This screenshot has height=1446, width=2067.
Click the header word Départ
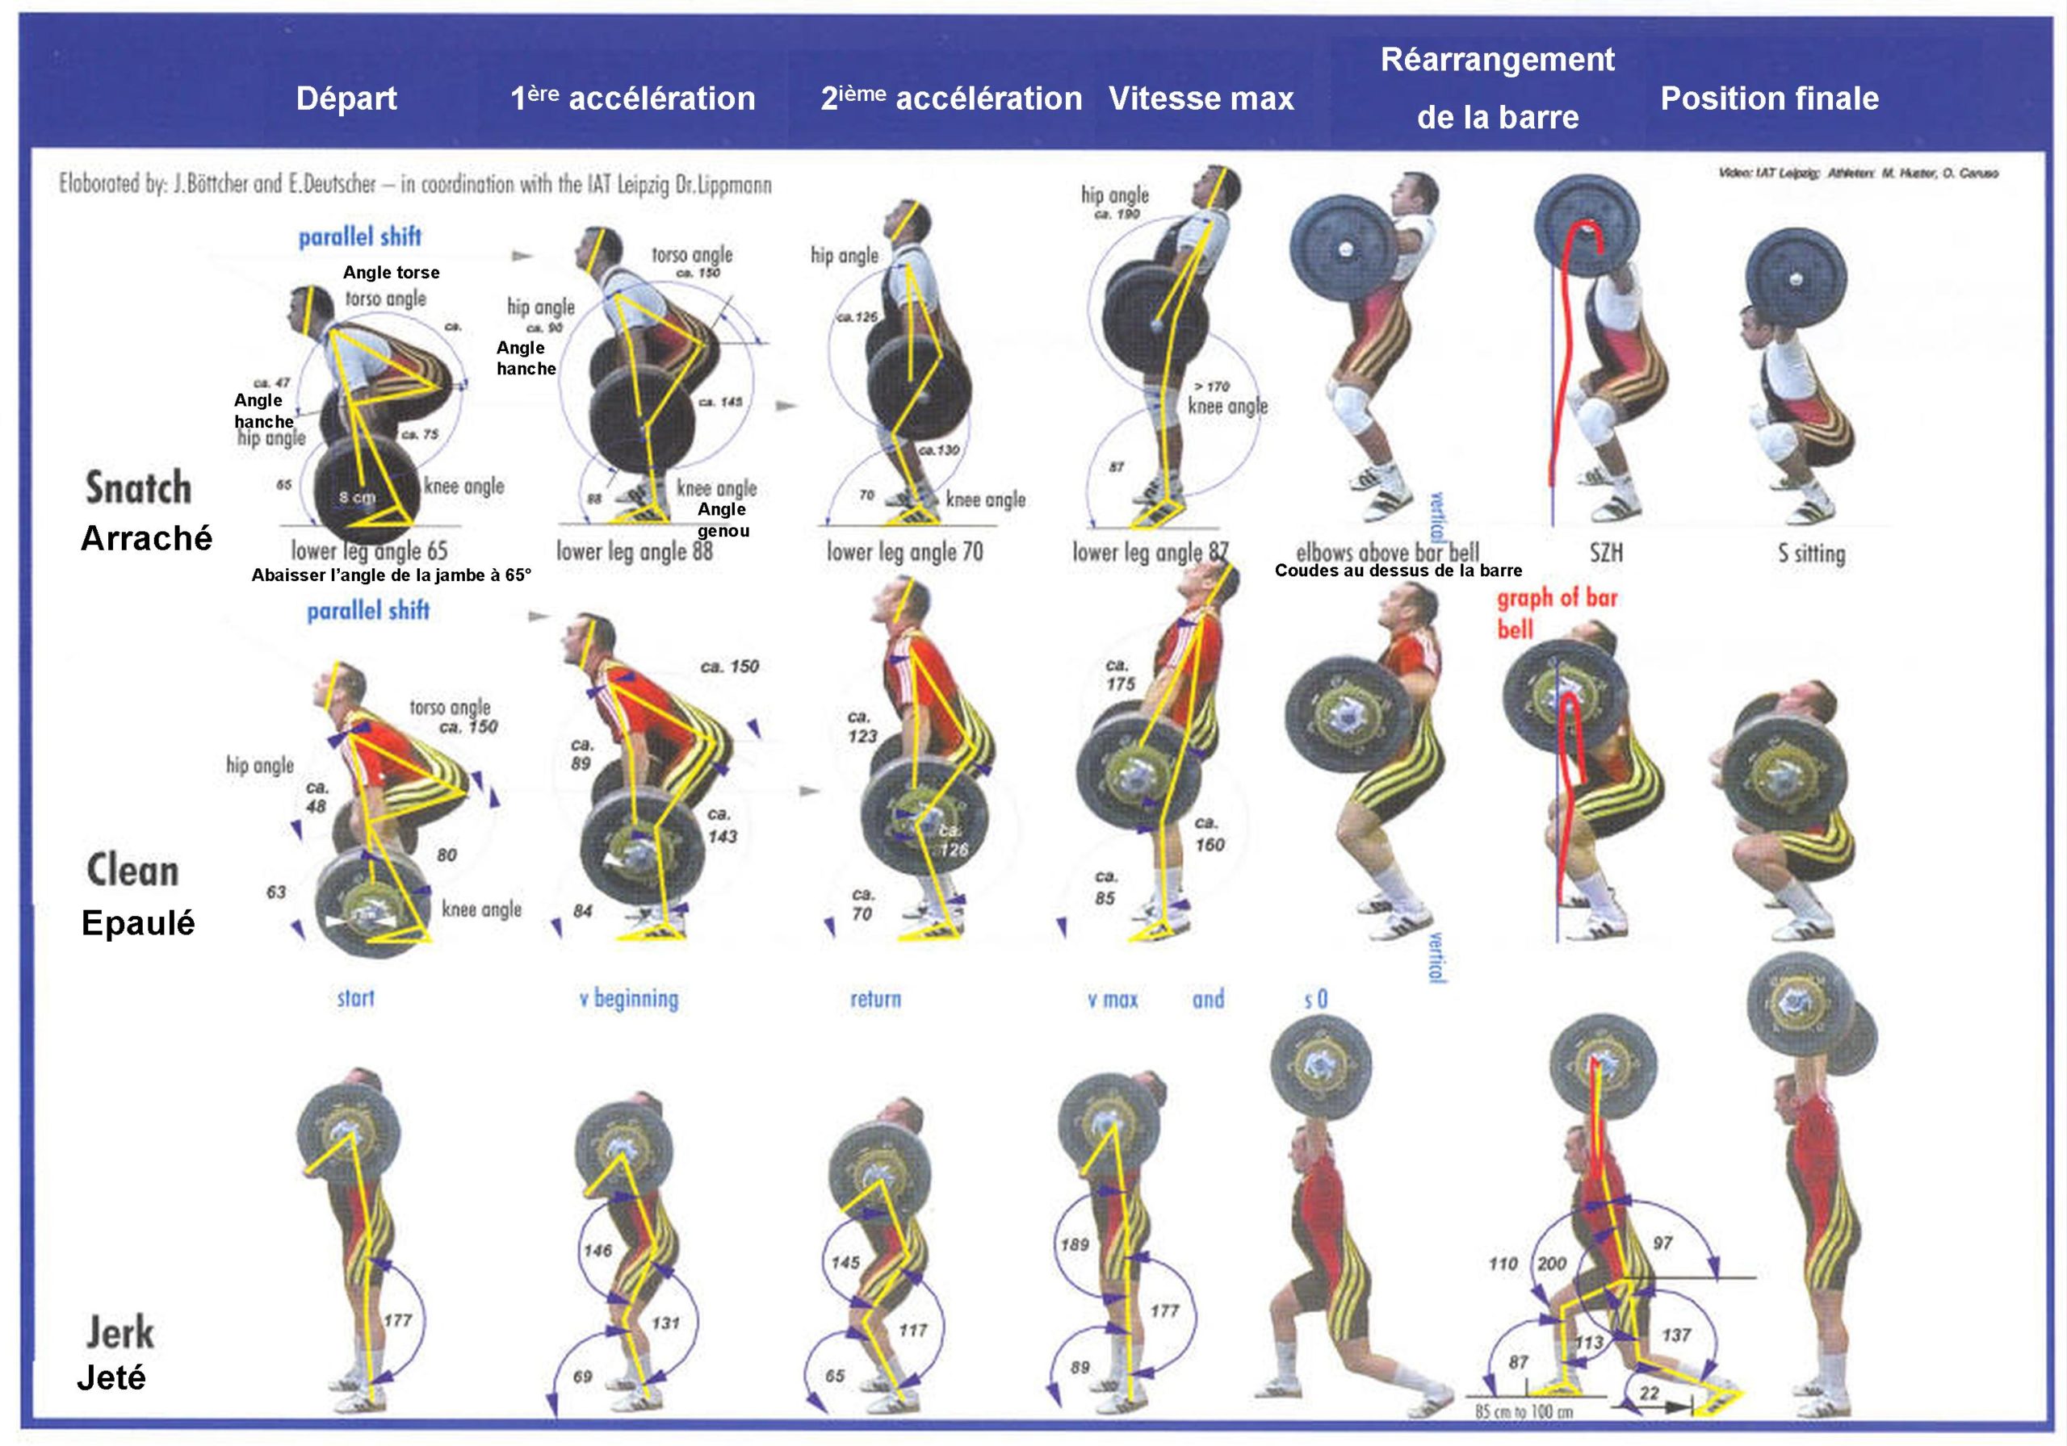(x=346, y=98)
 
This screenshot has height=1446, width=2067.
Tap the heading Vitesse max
(x=1201, y=98)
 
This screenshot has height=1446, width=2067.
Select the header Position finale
(x=1769, y=98)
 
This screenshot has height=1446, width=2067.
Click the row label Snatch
(x=139, y=487)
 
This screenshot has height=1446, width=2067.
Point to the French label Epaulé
(x=138, y=923)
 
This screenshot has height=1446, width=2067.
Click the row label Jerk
(x=119, y=1332)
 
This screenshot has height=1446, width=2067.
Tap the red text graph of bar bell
(x=1556, y=612)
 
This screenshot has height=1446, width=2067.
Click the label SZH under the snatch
(x=1606, y=553)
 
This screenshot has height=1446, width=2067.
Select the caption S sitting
(x=1811, y=554)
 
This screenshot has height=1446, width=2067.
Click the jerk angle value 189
(x=1074, y=1244)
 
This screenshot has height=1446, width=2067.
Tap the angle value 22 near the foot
(x=1649, y=1393)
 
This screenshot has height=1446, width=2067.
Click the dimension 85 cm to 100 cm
(x=1524, y=1412)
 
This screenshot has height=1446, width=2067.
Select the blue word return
(x=875, y=999)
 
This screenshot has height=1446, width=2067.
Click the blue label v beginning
(x=628, y=999)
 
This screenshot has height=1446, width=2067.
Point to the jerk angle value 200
(x=1551, y=1264)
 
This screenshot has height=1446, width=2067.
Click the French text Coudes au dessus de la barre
(x=1398, y=570)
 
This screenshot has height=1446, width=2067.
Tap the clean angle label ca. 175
(x=1119, y=675)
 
